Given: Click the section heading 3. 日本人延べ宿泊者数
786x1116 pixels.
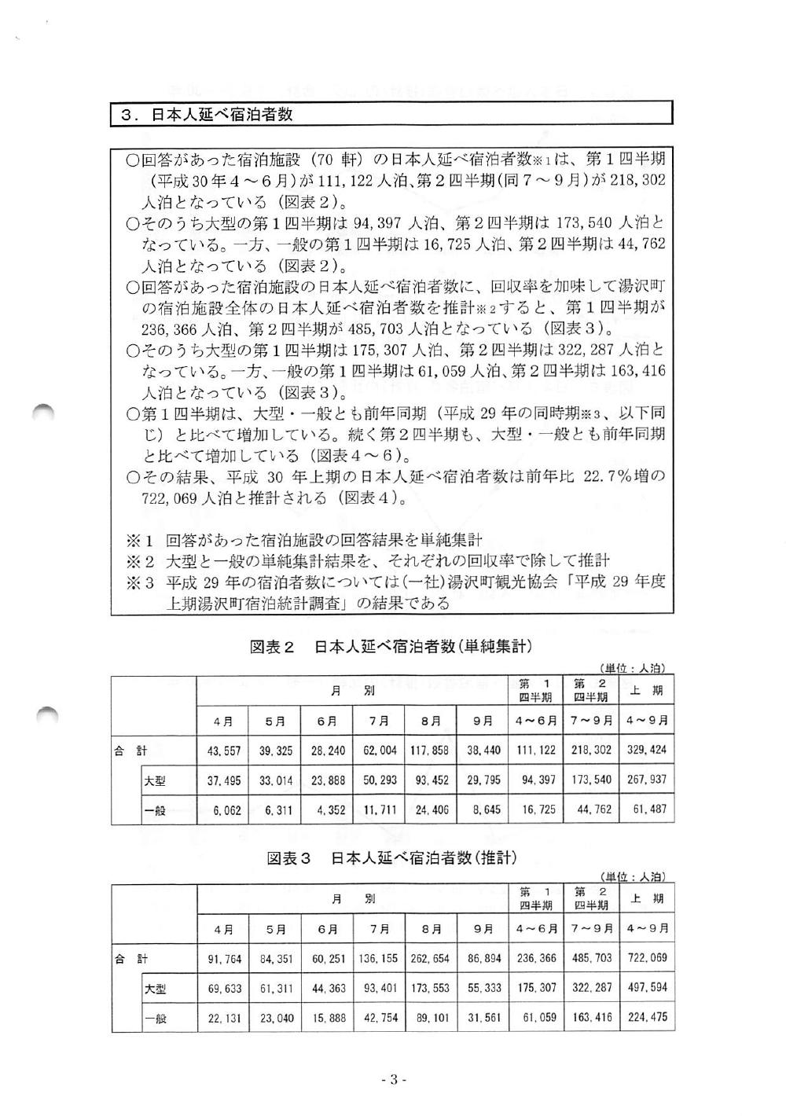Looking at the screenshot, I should pyautogui.click(x=207, y=114).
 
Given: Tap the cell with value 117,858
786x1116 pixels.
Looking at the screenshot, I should pyautogui.click(x=429, y=751).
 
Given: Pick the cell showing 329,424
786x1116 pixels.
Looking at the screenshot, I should pyautogui.click(x=647, y=751).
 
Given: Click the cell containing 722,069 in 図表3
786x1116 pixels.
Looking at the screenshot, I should pyautogui.click(x=647, y=959).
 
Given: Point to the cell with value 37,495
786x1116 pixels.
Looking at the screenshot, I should pyautogui.click(x=223, y=780).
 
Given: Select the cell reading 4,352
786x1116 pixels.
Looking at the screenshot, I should pyautogui.click(x=326, y=809).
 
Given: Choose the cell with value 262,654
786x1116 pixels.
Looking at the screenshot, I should pyautogui.click(x=429, y=959).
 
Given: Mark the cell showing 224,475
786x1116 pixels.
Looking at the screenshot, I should pyautogui.click(x=647, y=1017).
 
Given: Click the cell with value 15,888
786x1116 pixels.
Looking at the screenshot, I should pyautogui.click(x=326, y=1017).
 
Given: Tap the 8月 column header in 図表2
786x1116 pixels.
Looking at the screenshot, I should pyautogui.click(x=429, y=721).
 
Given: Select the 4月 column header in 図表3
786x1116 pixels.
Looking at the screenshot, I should pyautogui.click(x=223, y=929).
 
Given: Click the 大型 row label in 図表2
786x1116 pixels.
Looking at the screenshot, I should pyautogui.click(x=154, y=780).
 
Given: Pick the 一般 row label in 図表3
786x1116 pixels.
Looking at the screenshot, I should pyautogui.click(x=154, y=1017).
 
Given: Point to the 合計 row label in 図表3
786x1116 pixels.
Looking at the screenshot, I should pyautogui.click(x=130, y=959).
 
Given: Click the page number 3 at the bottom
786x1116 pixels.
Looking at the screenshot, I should pyautogui.click(x=391, y=1080).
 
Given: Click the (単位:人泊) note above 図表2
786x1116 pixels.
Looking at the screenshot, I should pyautogui.click(x=635, y=668).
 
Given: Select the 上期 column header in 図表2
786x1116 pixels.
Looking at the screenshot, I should pyautogui.click(x=647, y=691).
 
